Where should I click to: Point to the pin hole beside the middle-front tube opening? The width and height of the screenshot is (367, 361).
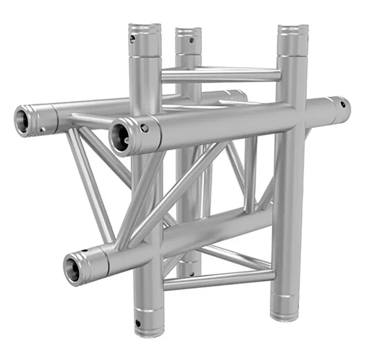(144, 127)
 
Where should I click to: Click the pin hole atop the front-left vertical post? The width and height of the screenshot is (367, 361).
(133, 38)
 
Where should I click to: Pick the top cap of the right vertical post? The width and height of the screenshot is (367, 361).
(293, 29)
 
